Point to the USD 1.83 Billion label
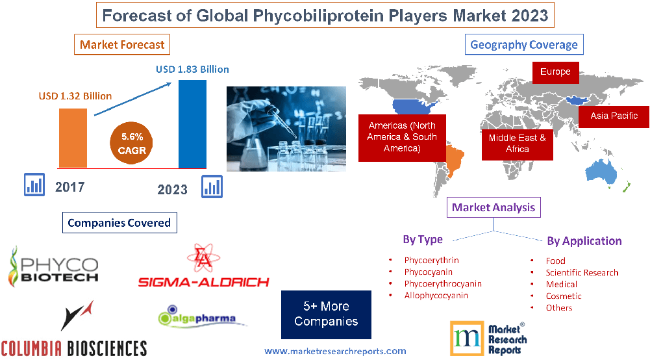(192, 69)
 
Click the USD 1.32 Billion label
(75, 96)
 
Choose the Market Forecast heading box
(122, 45)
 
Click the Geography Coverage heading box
(523, 44)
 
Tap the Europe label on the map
(555, 71)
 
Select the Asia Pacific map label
(614, 116)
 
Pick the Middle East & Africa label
(517, 144)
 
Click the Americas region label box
(402, 137)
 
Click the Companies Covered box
(119, 223)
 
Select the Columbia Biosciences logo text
(73, 347)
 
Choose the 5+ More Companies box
(326, 314)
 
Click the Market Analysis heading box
(494, 207)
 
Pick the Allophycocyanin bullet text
(436, 296)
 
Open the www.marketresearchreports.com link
(335, 351)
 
